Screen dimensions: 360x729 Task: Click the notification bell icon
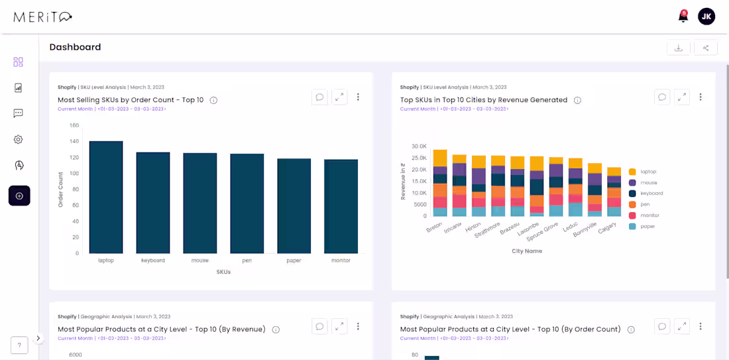pyautogui.click(x=683, y=17)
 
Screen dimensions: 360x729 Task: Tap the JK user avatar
pyautogui.click(x=706, y=17)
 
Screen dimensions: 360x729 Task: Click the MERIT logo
pyautogui.click(x=42, y=17)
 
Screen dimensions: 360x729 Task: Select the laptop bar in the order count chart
pyautogui.click(x=106, y=197)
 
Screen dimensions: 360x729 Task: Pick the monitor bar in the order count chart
pyautogui.click(x=341, y=206)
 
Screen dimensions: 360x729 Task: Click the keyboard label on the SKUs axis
pyautogui.click(x=153, y=261)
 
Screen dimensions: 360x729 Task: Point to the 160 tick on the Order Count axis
pyautogui.click(x=74, y=125)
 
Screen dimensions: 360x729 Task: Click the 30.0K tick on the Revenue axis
pyautogui.click(x=419, y=147)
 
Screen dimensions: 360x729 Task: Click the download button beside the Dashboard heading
pyautogui.click(x=679, y=48)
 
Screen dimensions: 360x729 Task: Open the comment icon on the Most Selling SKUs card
pyautogui.click(x=319, y=97)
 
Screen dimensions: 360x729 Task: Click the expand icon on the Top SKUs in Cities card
pyautogui.click(x=682, y=97)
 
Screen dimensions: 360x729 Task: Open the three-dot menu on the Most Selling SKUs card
pyautogui.click(x=358, y=97)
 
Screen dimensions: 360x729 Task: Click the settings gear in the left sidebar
pyautogui.click(x=19, y=139)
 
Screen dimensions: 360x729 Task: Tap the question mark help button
pyautogui.click(x=19, y=345)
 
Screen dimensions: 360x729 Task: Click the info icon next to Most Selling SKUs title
pyautogui.click(x=213, y=100)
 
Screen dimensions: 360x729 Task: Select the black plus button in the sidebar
pyautogui.click(x=19, y=196)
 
